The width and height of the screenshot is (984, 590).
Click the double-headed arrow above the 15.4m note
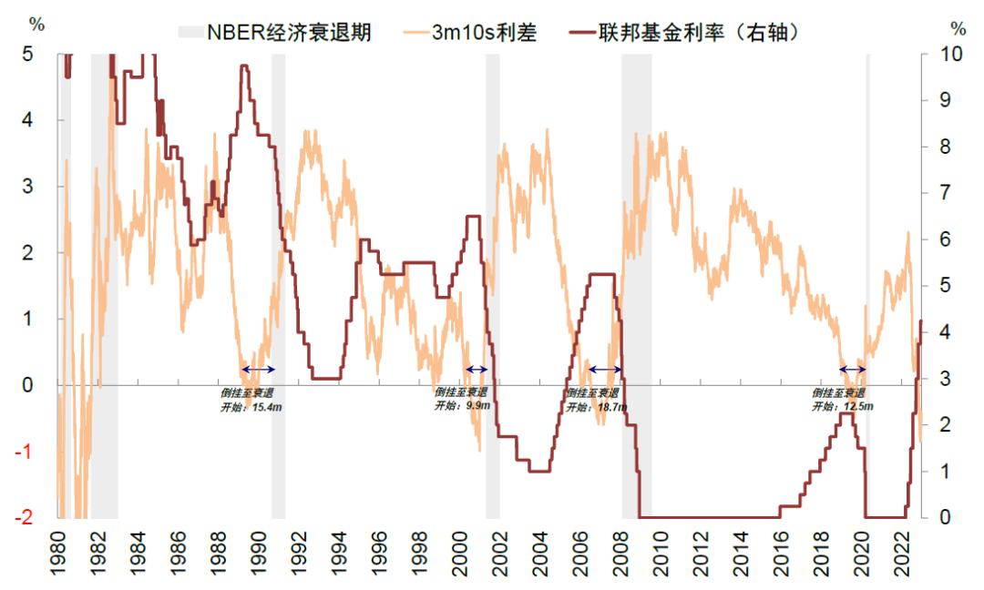pyautogui.click(x=258, y=369)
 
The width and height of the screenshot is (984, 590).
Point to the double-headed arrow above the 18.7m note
pyautogui.click(x=605, y=369)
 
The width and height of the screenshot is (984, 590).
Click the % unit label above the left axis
pyautogui.click(x=36, y=24)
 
